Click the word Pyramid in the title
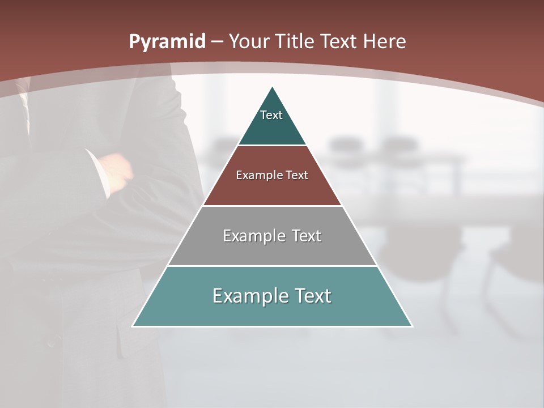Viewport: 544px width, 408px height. tap(167, 42)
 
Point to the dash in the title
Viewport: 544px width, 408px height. tap(217, 42)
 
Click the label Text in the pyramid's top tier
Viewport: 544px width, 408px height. tap(271, 115)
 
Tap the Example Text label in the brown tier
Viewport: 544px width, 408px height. tap(272, 175)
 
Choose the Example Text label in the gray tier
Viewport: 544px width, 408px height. tap(272, 236)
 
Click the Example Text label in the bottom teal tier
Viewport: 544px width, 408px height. tap(272, 296)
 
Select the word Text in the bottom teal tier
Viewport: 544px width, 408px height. tap(309, 296)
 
